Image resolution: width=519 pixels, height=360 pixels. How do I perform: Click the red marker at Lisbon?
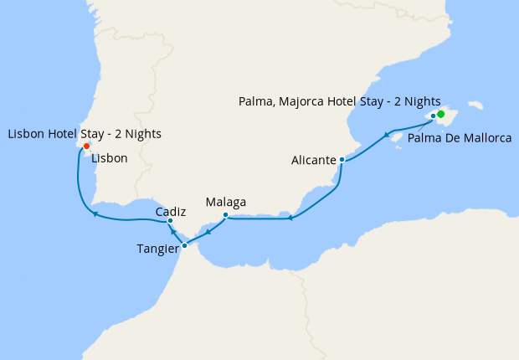(x=86, y=145)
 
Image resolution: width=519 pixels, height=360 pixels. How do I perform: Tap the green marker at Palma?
(x=440, y=114)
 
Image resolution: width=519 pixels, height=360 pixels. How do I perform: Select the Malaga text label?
(x=226, y=202)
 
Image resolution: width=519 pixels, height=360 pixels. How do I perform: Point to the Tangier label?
(x=158, y=248)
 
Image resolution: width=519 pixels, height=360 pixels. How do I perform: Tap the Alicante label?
(x=315, y=159)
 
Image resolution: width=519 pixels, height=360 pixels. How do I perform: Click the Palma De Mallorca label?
(x=460, y=137)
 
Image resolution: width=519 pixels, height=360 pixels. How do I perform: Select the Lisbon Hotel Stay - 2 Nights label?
(x=85, y=133)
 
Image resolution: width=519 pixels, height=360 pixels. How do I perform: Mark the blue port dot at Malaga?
(x=225, y=215)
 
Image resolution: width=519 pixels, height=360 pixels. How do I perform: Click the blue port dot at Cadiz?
(x=170, y=221)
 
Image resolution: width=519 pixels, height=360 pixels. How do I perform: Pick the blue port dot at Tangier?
(x=184, y=246)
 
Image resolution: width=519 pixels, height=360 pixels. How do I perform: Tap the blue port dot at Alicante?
(x=342, y=159)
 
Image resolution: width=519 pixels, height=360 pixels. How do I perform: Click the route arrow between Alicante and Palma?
(x=387, y=135)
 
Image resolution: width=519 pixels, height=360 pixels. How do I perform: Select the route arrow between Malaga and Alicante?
(x=290, y=219)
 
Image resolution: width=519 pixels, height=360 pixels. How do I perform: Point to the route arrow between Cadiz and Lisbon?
(x=95, y=214)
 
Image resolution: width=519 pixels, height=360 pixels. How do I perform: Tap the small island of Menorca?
(x=475, y=106)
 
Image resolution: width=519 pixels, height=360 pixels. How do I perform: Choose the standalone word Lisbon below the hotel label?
(x=110, y=157)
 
